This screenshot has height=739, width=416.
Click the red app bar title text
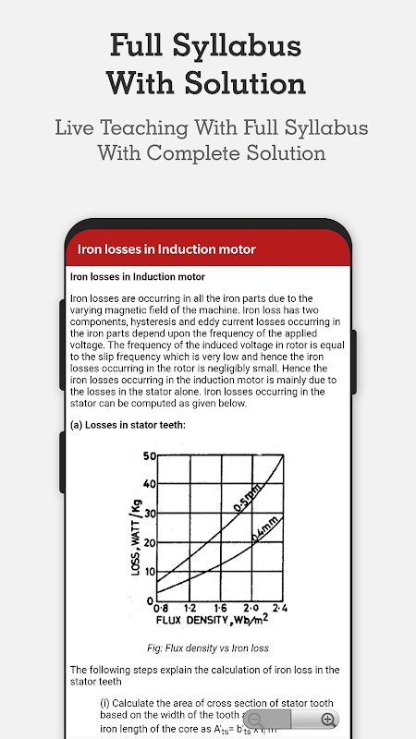tap(166, 248)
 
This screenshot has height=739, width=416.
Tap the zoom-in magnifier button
tap(327, 720)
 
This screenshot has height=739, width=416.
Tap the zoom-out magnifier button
tap(255, 720)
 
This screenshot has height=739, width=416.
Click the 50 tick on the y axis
tap(150, 456)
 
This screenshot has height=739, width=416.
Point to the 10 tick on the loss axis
tap(150, 572)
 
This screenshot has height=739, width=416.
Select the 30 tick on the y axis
tap(150, 514)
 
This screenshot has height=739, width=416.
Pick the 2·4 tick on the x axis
tap(280, 609)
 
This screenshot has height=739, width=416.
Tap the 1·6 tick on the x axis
tap(221, 609)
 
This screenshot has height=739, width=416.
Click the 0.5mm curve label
tap(247, 498)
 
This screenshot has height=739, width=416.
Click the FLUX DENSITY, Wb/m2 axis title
tap(213, 619)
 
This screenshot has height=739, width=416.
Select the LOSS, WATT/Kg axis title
tap(137, 534)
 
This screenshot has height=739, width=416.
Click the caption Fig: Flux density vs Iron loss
tap(208, 648)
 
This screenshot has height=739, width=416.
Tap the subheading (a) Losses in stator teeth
tap(128, 425)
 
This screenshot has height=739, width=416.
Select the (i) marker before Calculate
tap(104, 704)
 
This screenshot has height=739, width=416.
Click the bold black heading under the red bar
tap(138, 276)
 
